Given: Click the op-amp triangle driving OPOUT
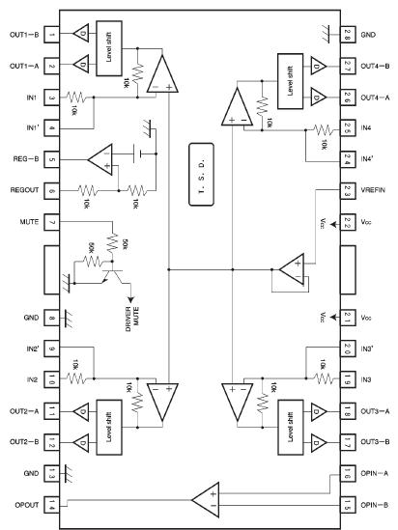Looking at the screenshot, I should (205, 501).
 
